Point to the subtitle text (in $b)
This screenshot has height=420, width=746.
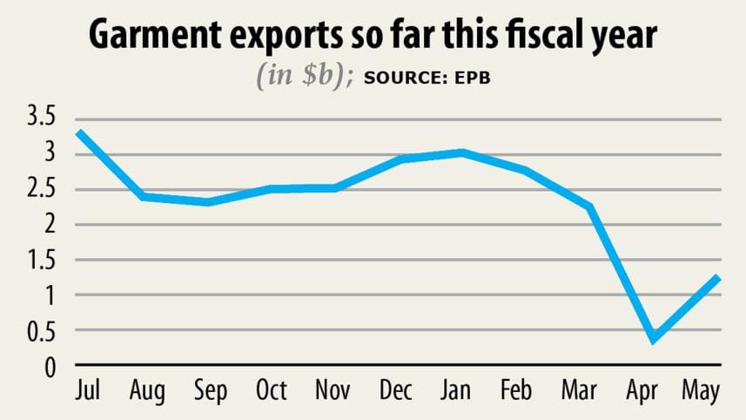[304, 77]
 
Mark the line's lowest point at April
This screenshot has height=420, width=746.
[654, 339]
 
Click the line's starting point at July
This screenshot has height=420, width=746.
[78, 132]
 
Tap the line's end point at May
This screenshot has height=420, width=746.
[719, 277]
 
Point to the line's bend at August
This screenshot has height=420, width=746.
[143, 196]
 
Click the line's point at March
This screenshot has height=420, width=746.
[590, 207]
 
